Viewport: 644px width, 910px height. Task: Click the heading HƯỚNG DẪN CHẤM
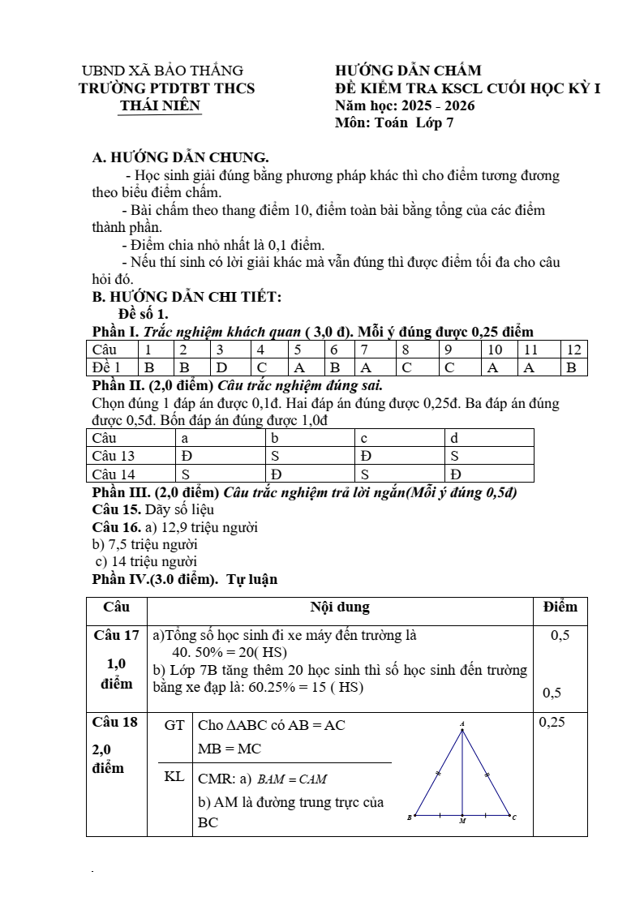(x=408, y=71)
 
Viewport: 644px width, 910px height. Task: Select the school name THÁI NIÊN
(x=160, y=106)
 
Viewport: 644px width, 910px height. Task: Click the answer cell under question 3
(x=221, y=367)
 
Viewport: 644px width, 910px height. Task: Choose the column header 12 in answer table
(x=574, y=350)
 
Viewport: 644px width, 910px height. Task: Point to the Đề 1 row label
(x=106, y=367)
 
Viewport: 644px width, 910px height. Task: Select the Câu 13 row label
(x=114, y=456)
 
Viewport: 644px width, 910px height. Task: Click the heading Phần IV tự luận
(x=185, y=579)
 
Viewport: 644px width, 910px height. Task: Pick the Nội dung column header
(x=340, y=607)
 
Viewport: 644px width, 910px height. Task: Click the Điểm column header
(x=560, y=607)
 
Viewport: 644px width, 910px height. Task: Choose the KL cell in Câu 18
(x=174, y=777)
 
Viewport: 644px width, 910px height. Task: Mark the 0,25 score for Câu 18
(x=552, y=721)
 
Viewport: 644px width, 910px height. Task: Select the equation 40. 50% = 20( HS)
(x=230, y=653)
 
